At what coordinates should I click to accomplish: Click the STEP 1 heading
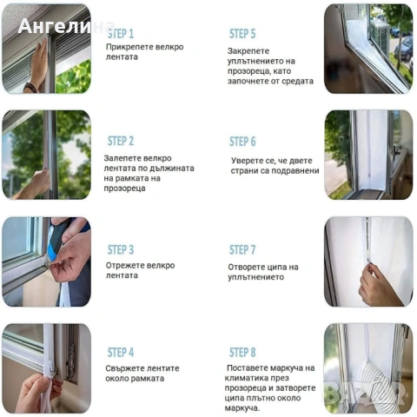click(x=121, y=33)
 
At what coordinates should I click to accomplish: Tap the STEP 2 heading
click(x=121, y=141)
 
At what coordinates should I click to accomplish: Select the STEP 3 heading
click(x=121, y=249)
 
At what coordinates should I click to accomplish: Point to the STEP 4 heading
click(x=121, y=353)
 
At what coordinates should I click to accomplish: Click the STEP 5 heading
click(x=242, y=34)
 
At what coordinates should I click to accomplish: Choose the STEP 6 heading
click(x=242, y=142)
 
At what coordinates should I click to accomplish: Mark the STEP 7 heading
click(x=242, y=250)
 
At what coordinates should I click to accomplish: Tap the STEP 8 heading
click(x=242, y=353)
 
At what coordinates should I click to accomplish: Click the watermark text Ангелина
click(x=66, y=25)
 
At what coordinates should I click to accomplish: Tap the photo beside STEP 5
click(x=368, y=49)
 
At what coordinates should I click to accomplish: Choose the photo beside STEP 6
click(x=368, y=155)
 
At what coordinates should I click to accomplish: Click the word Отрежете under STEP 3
click(x=124, y=265)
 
